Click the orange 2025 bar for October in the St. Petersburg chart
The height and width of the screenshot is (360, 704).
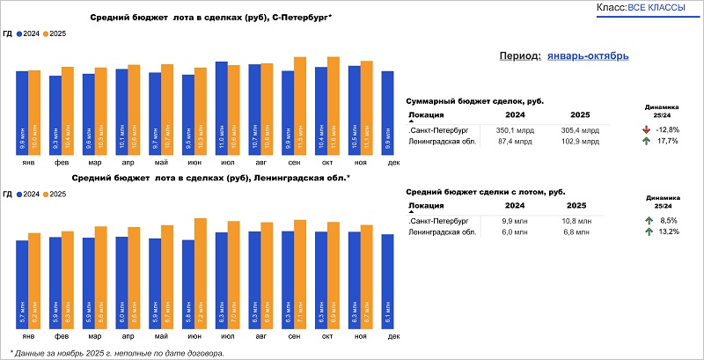(333, 107)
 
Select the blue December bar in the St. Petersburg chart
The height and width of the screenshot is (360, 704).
(387, 113)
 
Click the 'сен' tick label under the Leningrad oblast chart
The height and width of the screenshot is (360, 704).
(294, 336)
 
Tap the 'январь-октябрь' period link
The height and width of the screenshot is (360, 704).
(587, 55)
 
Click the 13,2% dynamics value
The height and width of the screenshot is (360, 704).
(666, 231)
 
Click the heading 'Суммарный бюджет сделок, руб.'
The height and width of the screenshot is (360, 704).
(475, 100)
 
